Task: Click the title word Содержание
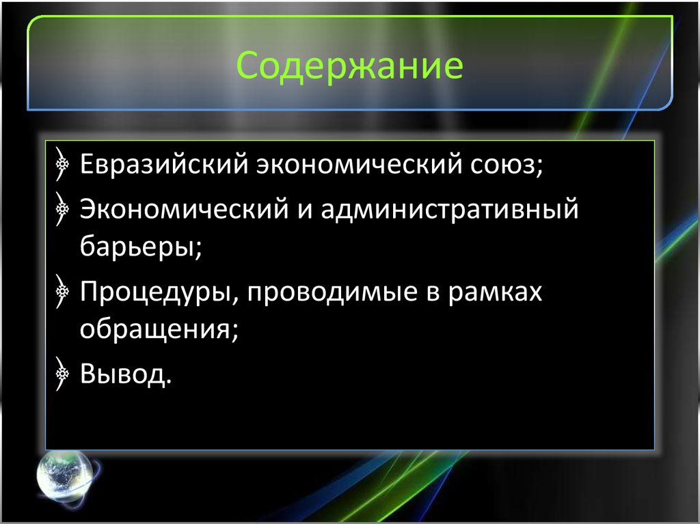[350, 68]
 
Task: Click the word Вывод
[123, 372]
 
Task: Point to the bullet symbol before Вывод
[62, 372]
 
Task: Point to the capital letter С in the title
[248, 68]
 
